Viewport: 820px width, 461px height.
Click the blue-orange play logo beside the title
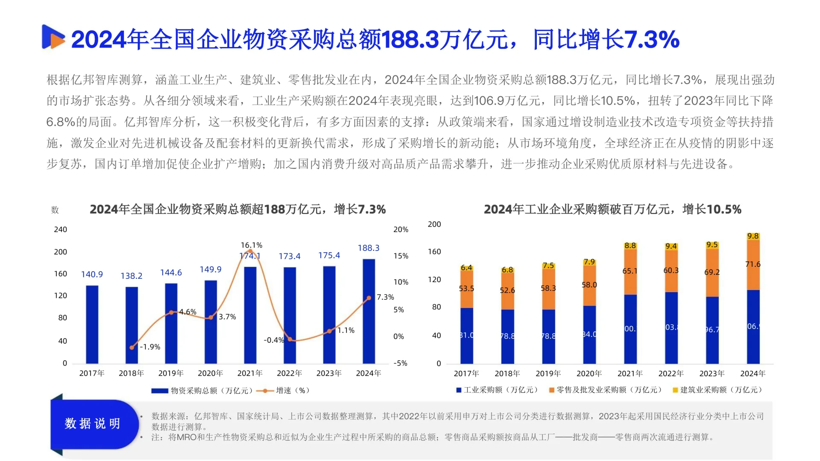[53, 37]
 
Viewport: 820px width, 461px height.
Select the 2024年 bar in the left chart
[369, 312]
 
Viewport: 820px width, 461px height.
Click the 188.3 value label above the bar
[369, 248]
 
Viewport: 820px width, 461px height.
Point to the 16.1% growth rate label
[251, 245]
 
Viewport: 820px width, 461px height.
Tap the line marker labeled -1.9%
[132, 347]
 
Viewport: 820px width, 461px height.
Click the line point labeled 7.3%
[369, 298]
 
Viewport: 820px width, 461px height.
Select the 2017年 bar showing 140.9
[92, 324]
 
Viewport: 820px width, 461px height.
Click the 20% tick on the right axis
[401, 230]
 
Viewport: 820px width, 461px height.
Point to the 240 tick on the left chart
[60, 230]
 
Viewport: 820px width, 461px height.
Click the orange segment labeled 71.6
[753, 265]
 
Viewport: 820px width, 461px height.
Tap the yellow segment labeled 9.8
[753, 236]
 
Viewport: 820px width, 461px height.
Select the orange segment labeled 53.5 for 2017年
[466, 289]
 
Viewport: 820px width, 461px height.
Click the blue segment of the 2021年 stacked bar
[630, 329]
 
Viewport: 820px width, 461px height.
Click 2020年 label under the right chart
[589, 373]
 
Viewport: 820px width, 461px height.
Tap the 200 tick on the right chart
[434, 225]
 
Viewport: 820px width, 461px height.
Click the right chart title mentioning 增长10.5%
[612, 209]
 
